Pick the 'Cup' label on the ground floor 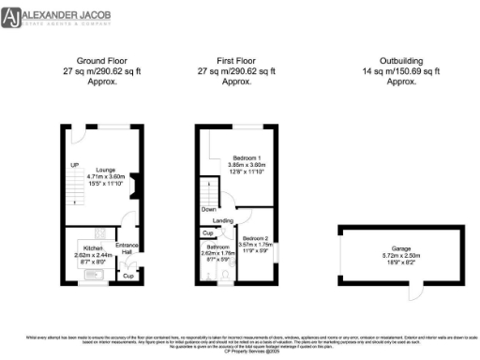click(128, 276)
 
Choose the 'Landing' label click(223, 221)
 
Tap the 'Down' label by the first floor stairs click(208, 209)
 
